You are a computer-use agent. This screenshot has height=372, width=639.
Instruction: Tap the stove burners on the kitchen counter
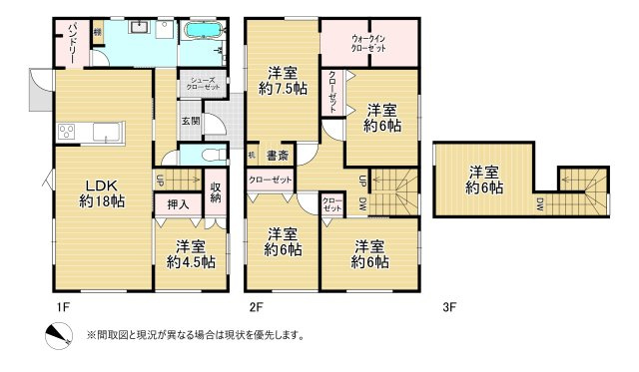[68, 131]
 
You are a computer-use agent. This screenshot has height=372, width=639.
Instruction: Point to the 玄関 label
[190, 122]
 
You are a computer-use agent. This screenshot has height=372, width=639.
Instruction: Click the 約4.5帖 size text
[191, 262]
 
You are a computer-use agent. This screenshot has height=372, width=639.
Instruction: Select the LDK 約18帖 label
[103, 192]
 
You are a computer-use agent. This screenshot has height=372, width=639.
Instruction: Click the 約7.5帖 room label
[282, 81]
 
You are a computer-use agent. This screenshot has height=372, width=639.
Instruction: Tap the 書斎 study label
[277, 155]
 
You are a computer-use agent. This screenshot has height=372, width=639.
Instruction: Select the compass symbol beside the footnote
[57, 335]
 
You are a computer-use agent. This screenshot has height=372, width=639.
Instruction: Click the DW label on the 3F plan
[539, 206]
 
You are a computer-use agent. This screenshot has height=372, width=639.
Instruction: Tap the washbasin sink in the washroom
[137, 27]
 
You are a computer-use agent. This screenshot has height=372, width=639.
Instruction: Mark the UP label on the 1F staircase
[160, 181]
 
